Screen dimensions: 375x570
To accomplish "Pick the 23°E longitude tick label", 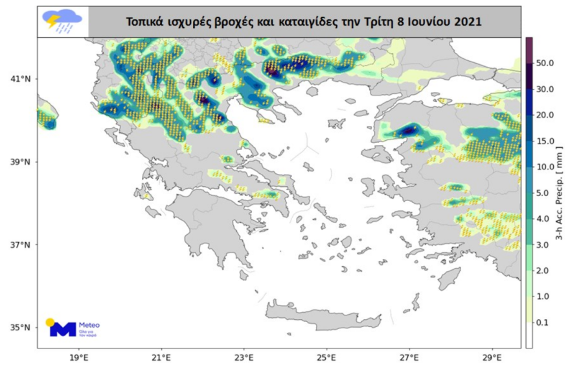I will coord(244,357).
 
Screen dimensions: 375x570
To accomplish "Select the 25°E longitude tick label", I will coord(326,357).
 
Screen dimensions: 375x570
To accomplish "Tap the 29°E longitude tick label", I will coord(492,357).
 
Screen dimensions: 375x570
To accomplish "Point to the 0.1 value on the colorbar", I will coord(545,322).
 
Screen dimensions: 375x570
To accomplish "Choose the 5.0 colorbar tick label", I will coord(545,193).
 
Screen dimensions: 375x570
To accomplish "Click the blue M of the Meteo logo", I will coord(63,329).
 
